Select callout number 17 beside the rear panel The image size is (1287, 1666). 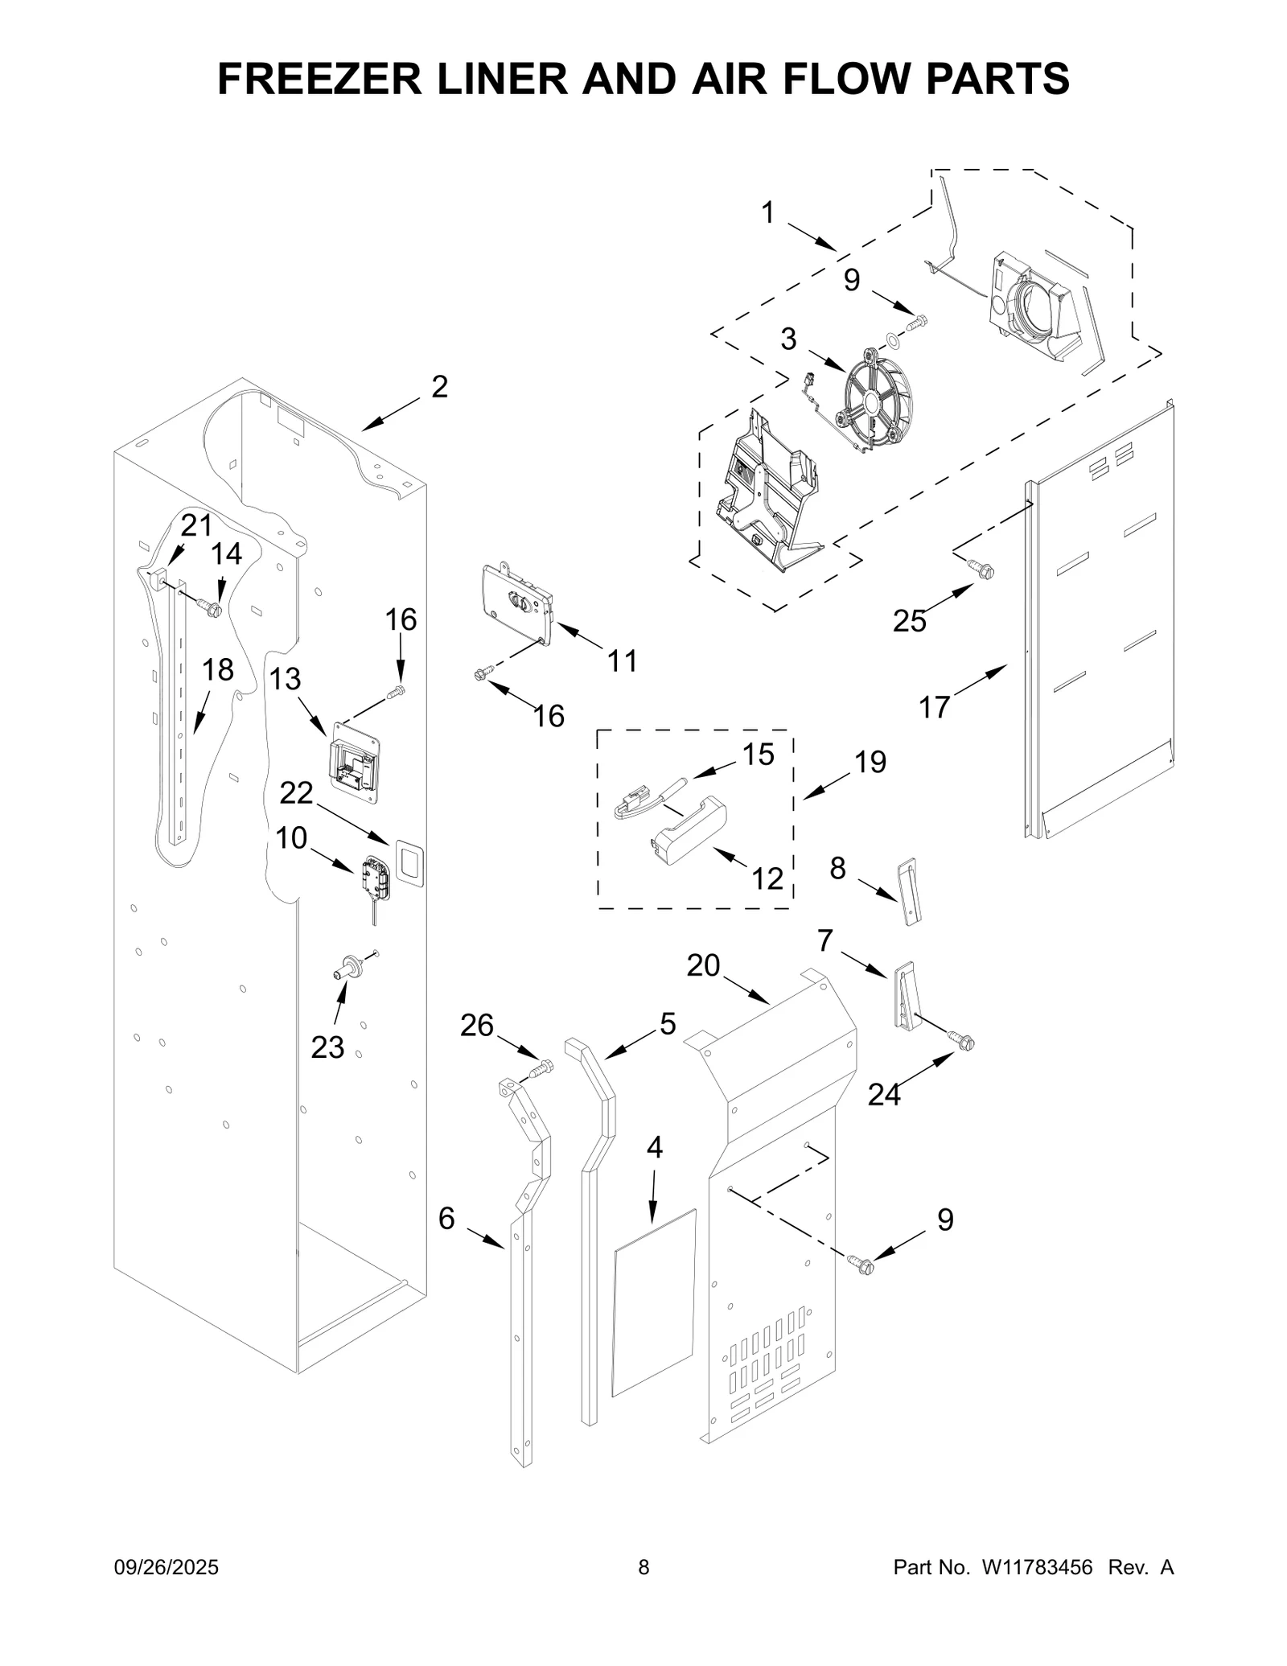tap(934, 708)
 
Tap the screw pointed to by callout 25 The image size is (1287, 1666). tap(983, 570)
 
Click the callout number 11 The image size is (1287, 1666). tap(622, 661)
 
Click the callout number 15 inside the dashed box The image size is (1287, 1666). tap(757, 755)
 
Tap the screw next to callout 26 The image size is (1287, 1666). tap(543, 1069)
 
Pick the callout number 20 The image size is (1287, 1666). tap(703, 965)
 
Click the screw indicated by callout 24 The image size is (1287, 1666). tap(961, 1042)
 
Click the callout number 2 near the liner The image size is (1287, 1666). tap(439, 387)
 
